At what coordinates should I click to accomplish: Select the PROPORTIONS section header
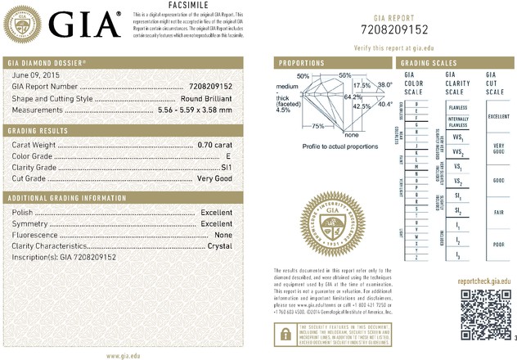(303, 63)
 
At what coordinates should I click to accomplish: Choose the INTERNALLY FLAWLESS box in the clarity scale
(457, 123)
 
